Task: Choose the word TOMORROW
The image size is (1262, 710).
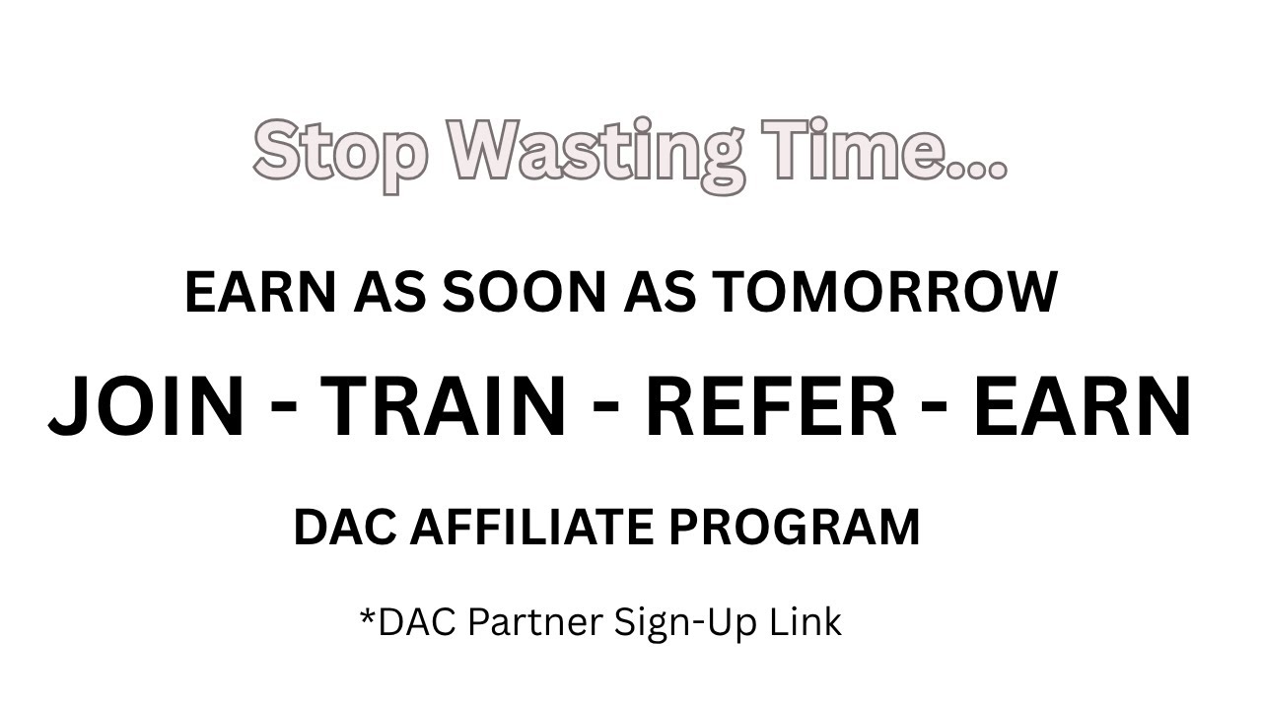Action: (x=884, y=293)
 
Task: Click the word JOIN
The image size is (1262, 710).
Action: (x=146, y=406)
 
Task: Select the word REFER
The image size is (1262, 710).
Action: (x=770, y=406)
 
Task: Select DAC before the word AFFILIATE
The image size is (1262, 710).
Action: (x=344, y=527)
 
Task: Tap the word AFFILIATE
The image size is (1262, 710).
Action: (x=530, y=527)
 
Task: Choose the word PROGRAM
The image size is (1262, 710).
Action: (x=795, y=527)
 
